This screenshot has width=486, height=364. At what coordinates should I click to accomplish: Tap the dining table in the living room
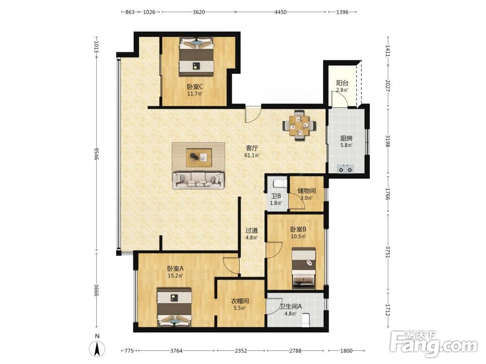point(299,125)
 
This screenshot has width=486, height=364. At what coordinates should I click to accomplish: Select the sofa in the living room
point(199,180)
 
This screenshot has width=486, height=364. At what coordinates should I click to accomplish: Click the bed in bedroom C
point(196,56)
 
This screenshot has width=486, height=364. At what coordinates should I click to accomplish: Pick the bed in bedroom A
point(174,307)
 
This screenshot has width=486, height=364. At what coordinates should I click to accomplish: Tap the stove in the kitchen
point(346,169)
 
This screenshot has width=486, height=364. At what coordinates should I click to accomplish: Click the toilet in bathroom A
point(306,320)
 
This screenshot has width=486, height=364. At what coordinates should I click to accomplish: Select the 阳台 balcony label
point(343,83)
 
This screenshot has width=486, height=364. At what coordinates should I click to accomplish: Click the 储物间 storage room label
point(307,191)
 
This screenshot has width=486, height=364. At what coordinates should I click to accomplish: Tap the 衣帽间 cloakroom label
point(240,301)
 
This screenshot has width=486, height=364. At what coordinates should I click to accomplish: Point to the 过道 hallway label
point(252,231)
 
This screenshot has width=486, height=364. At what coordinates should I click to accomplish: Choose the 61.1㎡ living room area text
point(252,155)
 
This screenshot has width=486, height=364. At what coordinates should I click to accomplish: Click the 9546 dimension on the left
point(96,153)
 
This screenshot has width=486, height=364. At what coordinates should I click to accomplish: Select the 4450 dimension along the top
point(280,12)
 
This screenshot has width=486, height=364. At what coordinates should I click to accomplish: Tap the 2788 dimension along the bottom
point(295,351)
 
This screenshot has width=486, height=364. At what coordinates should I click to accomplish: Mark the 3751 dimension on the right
point(388,252)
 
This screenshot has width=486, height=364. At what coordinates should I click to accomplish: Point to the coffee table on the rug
point(199,158)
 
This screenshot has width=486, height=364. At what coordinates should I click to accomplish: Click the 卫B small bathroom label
point(276,196)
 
